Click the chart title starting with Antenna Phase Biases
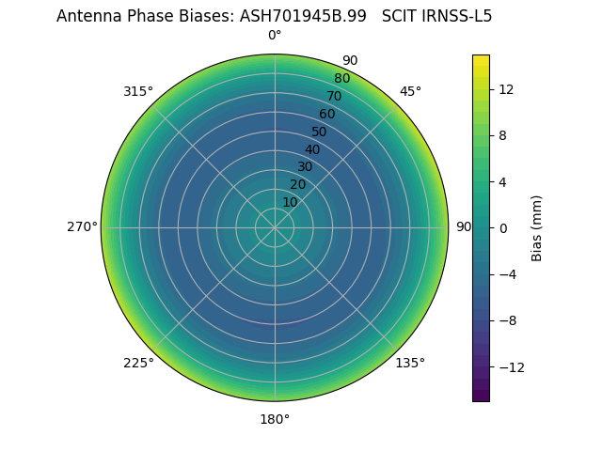[x=274, y=16]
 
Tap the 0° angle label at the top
[x=275, y=36]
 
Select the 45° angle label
[x=410, y=91]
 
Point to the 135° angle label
[x=410, y=363]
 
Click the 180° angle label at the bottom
[x=275, y=419]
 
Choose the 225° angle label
[x=138, y=363]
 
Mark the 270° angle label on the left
[x=82, y=227]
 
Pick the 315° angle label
[x=138, y=91]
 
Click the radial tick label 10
[x=290, y=202]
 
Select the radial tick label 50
[x=320, y=132]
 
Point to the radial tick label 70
[x=334, y=96]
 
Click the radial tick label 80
[x=341, y=78]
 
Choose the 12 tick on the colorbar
[x=505, y=89]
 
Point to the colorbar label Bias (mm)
[x=537, y=227]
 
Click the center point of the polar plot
[x=275, y=227]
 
